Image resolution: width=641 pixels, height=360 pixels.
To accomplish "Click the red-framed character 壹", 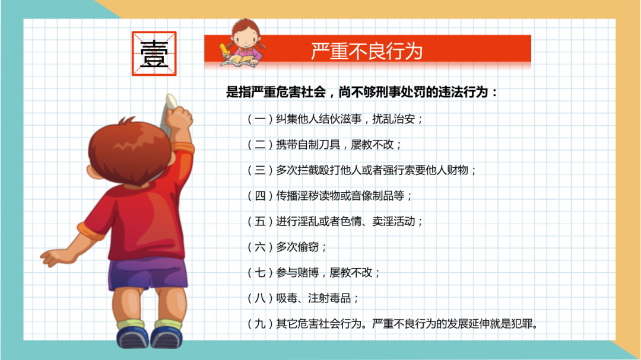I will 154,53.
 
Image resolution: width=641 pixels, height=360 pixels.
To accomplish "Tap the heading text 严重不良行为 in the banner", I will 366,51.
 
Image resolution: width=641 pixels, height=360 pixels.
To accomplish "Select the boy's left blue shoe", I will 129,337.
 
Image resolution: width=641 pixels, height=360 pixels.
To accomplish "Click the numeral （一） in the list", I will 259,119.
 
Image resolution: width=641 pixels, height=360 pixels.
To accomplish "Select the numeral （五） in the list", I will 259,222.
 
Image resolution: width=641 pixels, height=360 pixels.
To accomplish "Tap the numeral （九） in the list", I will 259,324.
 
